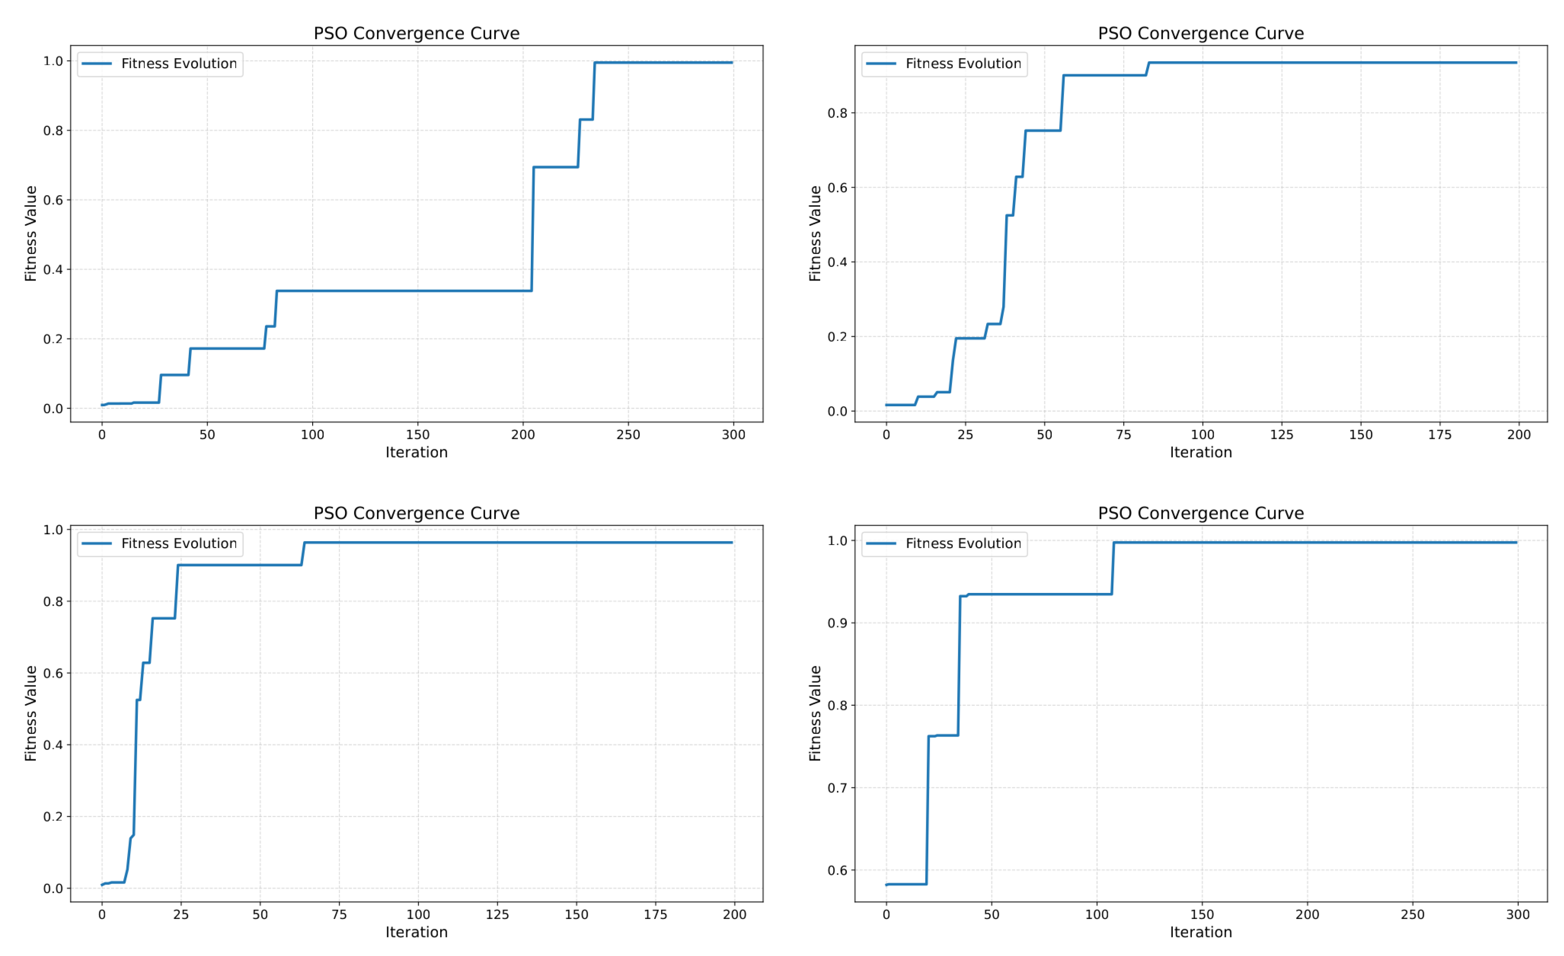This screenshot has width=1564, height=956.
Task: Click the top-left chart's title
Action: click(417, 34)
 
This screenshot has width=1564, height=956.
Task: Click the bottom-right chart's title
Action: click(1200, 514)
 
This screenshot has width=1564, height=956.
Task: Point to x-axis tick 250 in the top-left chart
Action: click(628, 435)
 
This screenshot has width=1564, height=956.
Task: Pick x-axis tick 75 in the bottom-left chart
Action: click(339, 915)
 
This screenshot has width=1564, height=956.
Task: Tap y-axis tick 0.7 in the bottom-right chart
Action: click(837, 788)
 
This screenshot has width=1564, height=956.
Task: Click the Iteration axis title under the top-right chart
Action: click(1200, 453)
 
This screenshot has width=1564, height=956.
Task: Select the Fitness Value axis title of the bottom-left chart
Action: click(31, 714)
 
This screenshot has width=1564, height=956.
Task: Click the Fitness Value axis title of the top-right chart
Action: click(815, 234)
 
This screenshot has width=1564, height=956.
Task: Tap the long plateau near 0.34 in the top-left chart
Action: click(404, 291)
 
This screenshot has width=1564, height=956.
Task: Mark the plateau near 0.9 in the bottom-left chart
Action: click(240, 565)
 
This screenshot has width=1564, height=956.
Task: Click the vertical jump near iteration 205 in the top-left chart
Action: click(533, 229)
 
